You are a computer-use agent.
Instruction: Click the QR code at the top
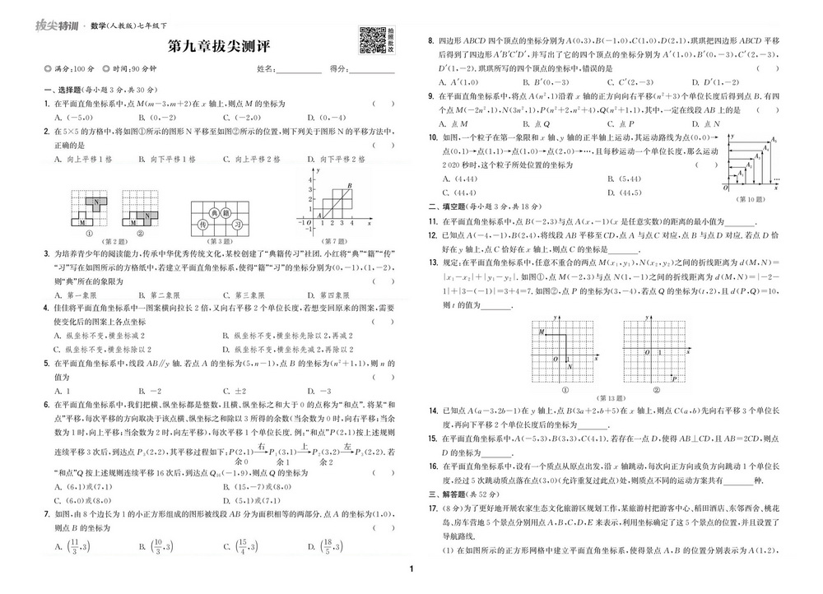pos(373,40)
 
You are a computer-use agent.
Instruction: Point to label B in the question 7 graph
pos(350,187)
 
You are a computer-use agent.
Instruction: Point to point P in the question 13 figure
pos(672,378)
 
